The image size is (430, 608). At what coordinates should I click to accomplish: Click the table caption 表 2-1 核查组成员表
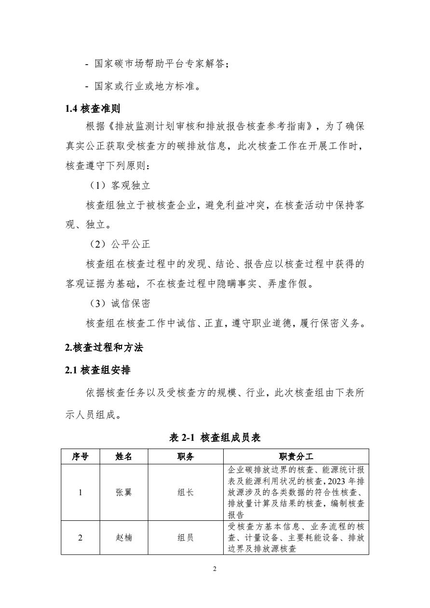pyautogui.click(x=215, y=437)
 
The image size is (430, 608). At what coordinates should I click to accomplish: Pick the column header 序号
pyautogui.click(x=80, y=457)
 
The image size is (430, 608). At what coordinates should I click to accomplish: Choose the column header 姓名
pyautogui.click(x=123, y=457)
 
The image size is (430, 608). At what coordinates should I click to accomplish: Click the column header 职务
pyautogui.click(x=186, y=457)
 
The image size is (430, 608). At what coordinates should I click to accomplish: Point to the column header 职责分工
pyautogui.click(x=296, y=457)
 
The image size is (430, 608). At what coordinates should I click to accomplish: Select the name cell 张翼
pyautogui.click(x=123, y=492)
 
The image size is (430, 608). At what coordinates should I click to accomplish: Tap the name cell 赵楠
pyautogui.click(x=123, y=537)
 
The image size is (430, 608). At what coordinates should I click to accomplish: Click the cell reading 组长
pyautogui.click(x=186, y=492)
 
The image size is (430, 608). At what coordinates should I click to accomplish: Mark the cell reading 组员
pyautogui.click(x=186, y=537)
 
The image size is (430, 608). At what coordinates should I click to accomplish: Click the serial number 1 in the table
pyautogui.click(x=80, y=492)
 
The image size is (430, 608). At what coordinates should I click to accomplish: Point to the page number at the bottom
pyautogui.click(x=215, y=569)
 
